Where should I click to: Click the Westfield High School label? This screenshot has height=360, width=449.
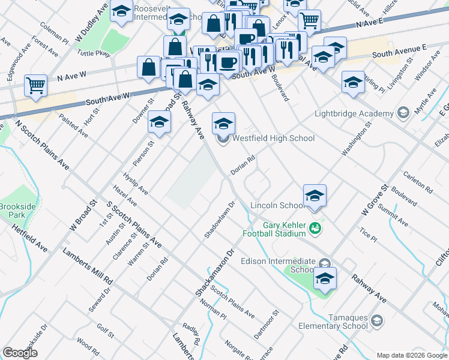coord(273,139)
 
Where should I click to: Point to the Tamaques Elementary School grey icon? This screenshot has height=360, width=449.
coord(378,320)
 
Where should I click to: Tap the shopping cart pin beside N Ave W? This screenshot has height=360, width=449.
coord(36,85)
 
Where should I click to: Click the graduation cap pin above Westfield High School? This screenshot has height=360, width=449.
coord(223,124)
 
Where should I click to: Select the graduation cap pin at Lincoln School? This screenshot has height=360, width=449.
coord(315,196)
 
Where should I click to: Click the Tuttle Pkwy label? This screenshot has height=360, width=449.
coord(94,53)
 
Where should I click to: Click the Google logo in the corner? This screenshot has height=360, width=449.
coord(20,353)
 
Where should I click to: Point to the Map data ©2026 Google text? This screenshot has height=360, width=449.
coord(411,355)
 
